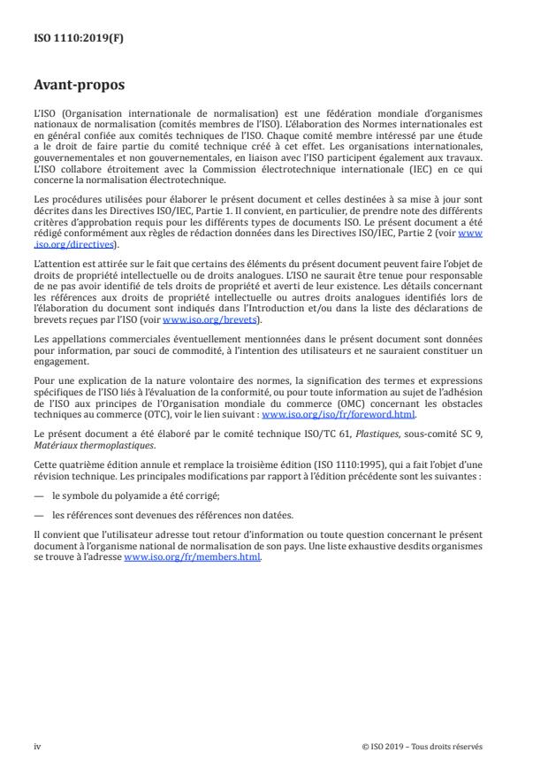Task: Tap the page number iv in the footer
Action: tap(37, 746)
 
